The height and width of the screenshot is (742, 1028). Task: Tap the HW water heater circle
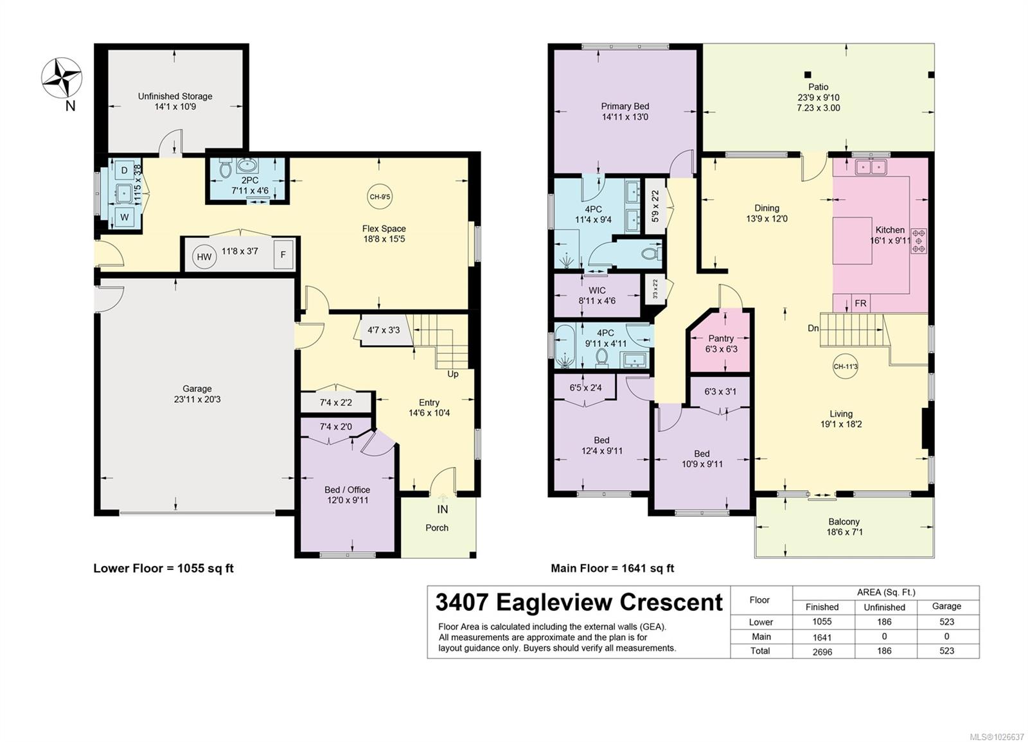click(204, 257)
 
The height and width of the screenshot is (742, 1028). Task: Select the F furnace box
click(283, 254)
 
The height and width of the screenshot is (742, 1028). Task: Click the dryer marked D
click(125, 171)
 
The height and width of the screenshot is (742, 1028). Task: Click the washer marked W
click(125, 217)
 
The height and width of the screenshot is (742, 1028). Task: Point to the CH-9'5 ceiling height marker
click(379, 197)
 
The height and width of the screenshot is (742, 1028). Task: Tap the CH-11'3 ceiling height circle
click(845, 367)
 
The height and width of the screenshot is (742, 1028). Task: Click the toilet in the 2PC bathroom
click(226, 169)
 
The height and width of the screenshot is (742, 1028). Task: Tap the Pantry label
click(721, 338)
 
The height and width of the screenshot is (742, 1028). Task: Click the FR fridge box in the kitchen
click(860, 304)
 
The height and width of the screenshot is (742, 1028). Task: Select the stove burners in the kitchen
click(919, 240)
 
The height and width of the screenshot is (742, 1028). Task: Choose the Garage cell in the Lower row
click(946, 621)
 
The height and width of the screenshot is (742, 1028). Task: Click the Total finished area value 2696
click(822, 651)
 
